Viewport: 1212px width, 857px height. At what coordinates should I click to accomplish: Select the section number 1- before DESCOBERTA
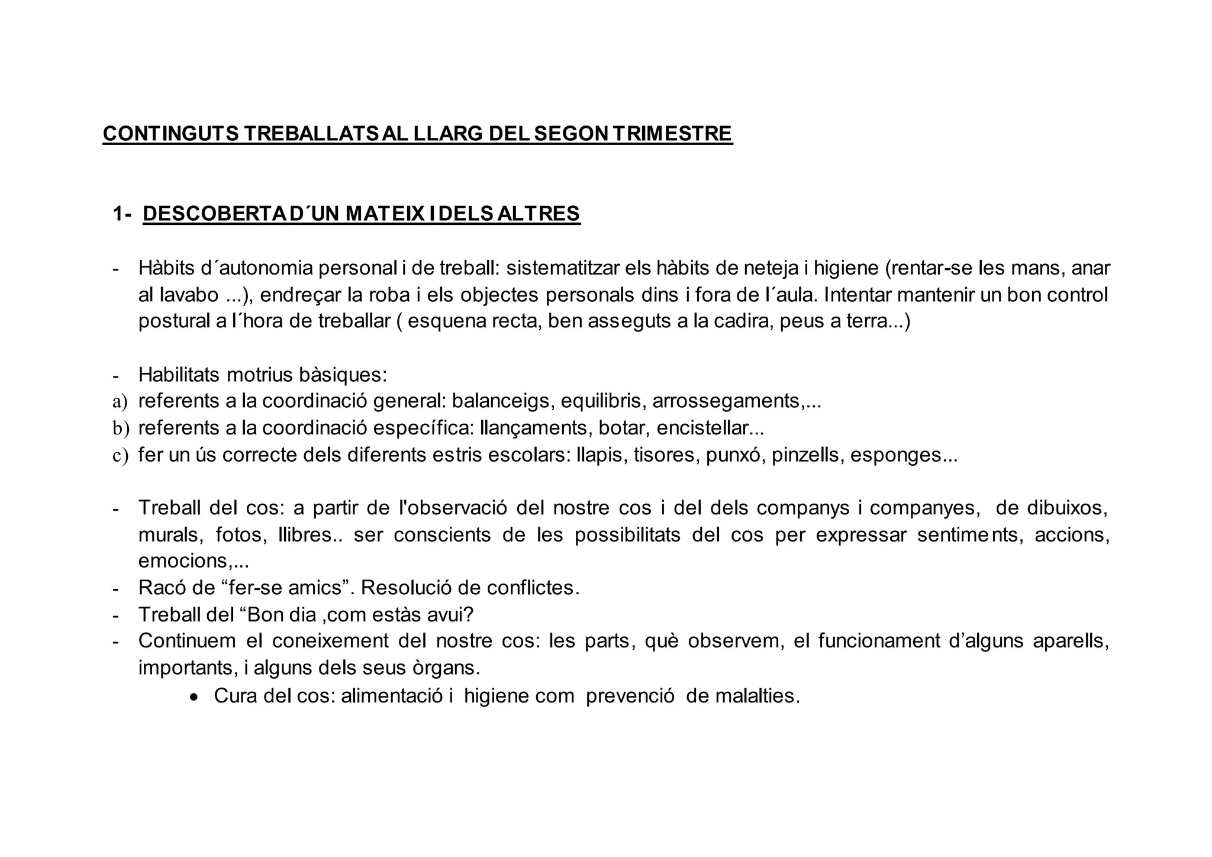(x=123, y=214)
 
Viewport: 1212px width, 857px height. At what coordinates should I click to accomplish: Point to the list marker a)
(x=120, y=402)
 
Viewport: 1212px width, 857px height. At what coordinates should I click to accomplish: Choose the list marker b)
(x=121, y=428)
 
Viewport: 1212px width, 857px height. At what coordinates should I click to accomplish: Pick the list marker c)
(x=120, y=455)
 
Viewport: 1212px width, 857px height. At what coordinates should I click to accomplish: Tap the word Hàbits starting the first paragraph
(x=167, y=268)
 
